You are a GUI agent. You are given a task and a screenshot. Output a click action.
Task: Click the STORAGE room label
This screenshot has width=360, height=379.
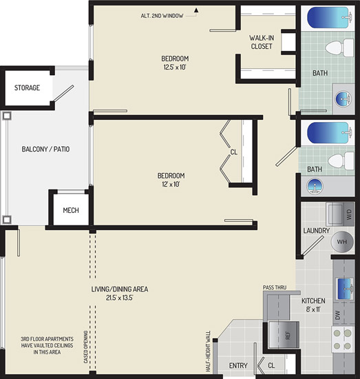(27, 88)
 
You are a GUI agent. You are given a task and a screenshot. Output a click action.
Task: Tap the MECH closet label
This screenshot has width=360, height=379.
(71, 210)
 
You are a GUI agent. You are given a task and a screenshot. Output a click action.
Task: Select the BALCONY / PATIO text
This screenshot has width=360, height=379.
(45, 149)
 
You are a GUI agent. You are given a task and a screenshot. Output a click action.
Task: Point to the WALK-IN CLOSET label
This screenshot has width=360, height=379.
(262, 42)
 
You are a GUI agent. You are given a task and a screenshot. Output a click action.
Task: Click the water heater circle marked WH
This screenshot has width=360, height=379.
(342, 242)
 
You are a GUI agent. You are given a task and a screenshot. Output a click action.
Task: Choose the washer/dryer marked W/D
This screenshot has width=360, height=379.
(340, 214)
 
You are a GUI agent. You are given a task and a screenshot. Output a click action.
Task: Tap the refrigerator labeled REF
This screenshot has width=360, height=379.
(284, 336)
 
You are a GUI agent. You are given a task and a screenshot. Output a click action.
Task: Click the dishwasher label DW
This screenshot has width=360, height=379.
(337, 315)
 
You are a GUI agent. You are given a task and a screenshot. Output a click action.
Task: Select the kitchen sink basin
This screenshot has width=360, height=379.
(344, 288)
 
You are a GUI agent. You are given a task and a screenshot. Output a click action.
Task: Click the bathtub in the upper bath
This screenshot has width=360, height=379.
(328, 18)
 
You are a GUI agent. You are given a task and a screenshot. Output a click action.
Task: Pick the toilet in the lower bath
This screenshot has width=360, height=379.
(341, 161)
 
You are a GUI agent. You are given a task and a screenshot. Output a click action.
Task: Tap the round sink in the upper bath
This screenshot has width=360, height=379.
(343, 99)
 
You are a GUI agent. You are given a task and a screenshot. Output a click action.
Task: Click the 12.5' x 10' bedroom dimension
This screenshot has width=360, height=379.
(175, 67)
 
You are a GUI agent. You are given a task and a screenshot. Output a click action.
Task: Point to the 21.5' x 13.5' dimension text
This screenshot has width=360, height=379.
(120, 298)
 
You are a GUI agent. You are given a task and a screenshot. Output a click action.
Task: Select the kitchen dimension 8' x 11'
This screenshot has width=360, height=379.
(313, 309)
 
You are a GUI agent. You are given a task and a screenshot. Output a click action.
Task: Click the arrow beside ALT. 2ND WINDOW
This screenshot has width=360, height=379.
(196, 10)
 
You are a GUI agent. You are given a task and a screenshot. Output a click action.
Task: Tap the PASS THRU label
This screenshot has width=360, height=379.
(275, 287)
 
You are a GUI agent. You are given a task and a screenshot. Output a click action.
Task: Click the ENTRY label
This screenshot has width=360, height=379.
(238, 365)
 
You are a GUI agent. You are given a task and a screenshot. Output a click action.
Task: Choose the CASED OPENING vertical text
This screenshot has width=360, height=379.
(86, 347)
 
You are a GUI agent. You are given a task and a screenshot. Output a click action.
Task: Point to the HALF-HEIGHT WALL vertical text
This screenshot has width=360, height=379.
(208, 351)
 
